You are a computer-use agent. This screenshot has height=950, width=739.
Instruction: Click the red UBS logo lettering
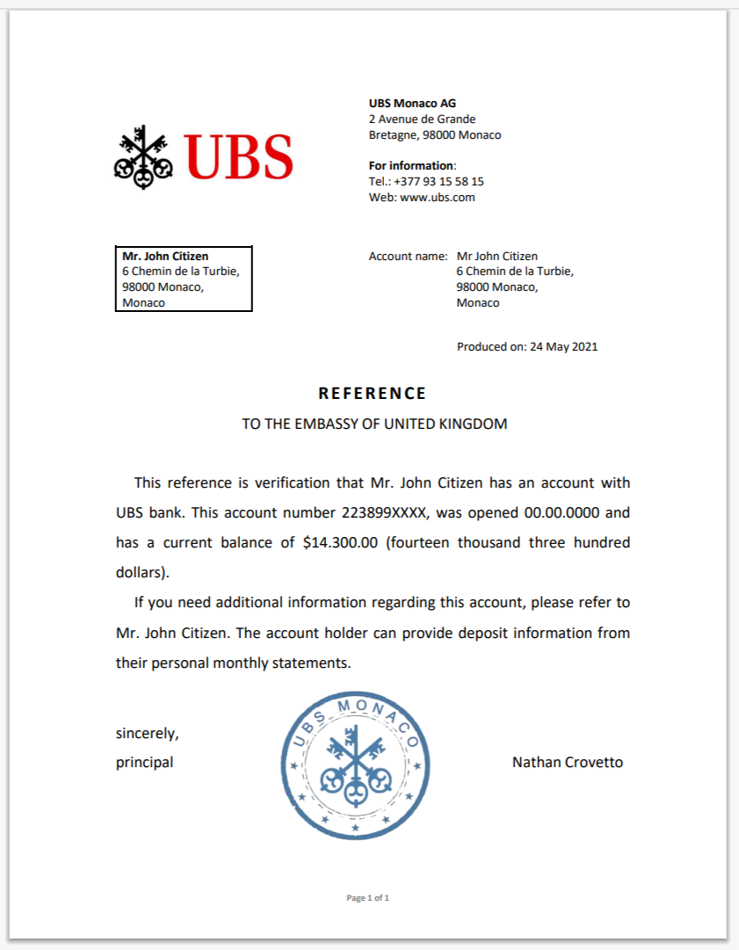click(x=238, y=156)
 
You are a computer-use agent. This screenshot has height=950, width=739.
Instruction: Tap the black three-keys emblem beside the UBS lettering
click(x=141, y=156)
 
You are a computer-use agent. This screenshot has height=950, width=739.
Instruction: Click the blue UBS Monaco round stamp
click(x=356, y=765)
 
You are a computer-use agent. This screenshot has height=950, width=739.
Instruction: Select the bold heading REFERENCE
click(x=373, y=394)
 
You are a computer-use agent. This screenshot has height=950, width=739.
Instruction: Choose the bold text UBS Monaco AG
click(x=412, y=104)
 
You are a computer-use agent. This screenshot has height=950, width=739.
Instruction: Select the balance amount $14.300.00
click(x=340, y=542)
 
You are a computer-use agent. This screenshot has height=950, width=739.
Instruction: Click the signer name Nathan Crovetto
click(x=567, y=763)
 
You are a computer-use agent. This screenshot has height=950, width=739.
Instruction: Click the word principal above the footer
click(x=144, y=763)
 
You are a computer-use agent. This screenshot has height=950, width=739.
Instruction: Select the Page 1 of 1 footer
click(x=368, y=898)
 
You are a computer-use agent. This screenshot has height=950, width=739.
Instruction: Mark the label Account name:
click(x=408, y=257)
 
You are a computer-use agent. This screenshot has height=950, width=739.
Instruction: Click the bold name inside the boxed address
click(x=165, y=257)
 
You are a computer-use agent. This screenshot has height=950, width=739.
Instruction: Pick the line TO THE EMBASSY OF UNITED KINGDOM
click(x=374, y=424)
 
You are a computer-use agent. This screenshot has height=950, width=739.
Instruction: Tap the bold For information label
click(x=411, y=166)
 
